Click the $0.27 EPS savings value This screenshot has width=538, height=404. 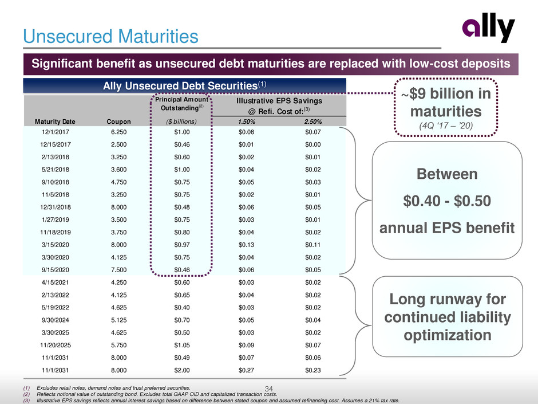(247, 370)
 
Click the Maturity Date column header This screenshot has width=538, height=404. (52, 121)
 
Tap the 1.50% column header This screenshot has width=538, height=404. (247, 121)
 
